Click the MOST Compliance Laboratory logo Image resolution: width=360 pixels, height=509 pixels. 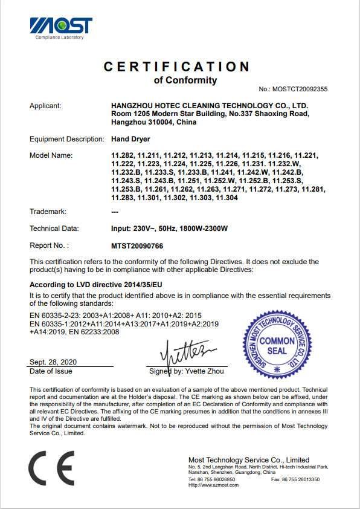tap(61, 28)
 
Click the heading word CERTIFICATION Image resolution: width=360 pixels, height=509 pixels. tap(176, 66)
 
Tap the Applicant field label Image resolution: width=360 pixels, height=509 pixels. tap(45, 106)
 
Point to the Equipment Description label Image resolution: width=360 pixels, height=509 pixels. tap(67, 139)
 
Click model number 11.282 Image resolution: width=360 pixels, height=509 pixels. tap(123, 155)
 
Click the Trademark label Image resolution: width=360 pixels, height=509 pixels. tap(48, 212)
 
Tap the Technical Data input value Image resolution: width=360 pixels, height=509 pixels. tap(170, 229)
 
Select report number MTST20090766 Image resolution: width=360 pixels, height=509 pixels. tap(137, 245)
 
